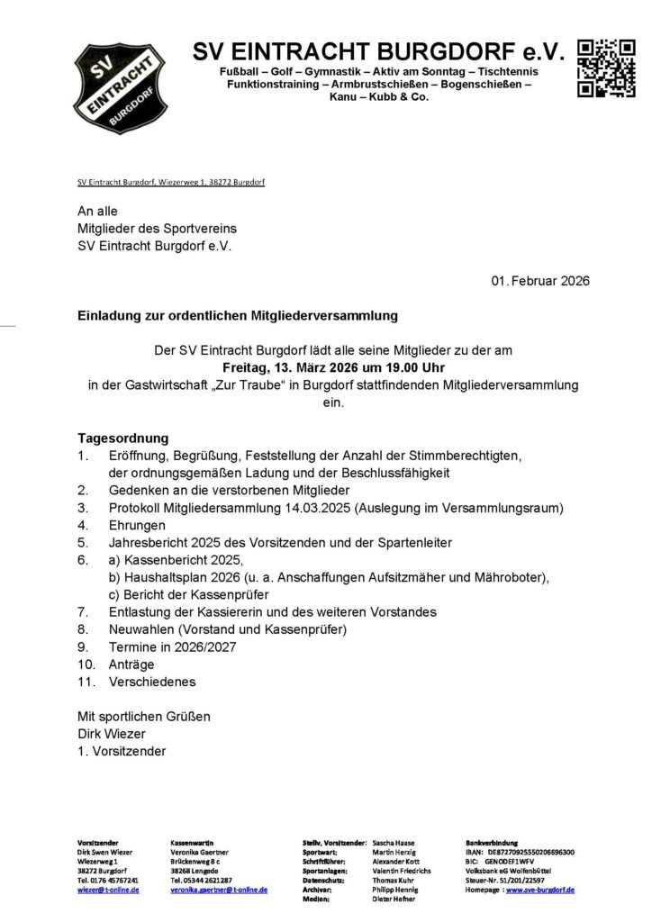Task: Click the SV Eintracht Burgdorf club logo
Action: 120,87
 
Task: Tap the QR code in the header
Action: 607,68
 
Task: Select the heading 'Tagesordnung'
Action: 123,438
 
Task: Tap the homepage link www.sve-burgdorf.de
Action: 540,890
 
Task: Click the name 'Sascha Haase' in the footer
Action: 393,842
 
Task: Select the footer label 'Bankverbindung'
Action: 492,842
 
